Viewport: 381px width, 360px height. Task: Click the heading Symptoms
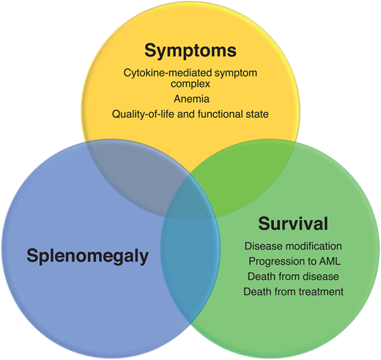point(189,51)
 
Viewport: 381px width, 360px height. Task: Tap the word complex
point(189,83)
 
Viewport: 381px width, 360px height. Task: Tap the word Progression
point(276,261)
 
